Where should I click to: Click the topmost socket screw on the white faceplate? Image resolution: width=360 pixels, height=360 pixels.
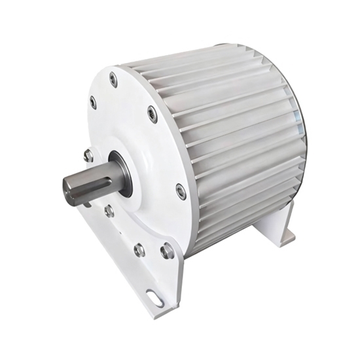coord(113,79)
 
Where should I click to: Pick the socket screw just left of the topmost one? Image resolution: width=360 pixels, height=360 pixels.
coord(92,102)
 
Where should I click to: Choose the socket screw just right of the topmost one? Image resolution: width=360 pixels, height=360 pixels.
coord(152,115)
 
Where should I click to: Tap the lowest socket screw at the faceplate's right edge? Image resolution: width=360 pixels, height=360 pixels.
coord(181,191)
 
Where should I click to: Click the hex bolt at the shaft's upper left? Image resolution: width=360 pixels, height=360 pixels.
coord(88,155)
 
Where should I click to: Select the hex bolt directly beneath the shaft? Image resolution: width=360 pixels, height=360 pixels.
coord(109,211)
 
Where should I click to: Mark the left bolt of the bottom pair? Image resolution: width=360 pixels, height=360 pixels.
coord(139,249)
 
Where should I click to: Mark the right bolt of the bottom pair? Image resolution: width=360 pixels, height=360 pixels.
coord(167,250)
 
